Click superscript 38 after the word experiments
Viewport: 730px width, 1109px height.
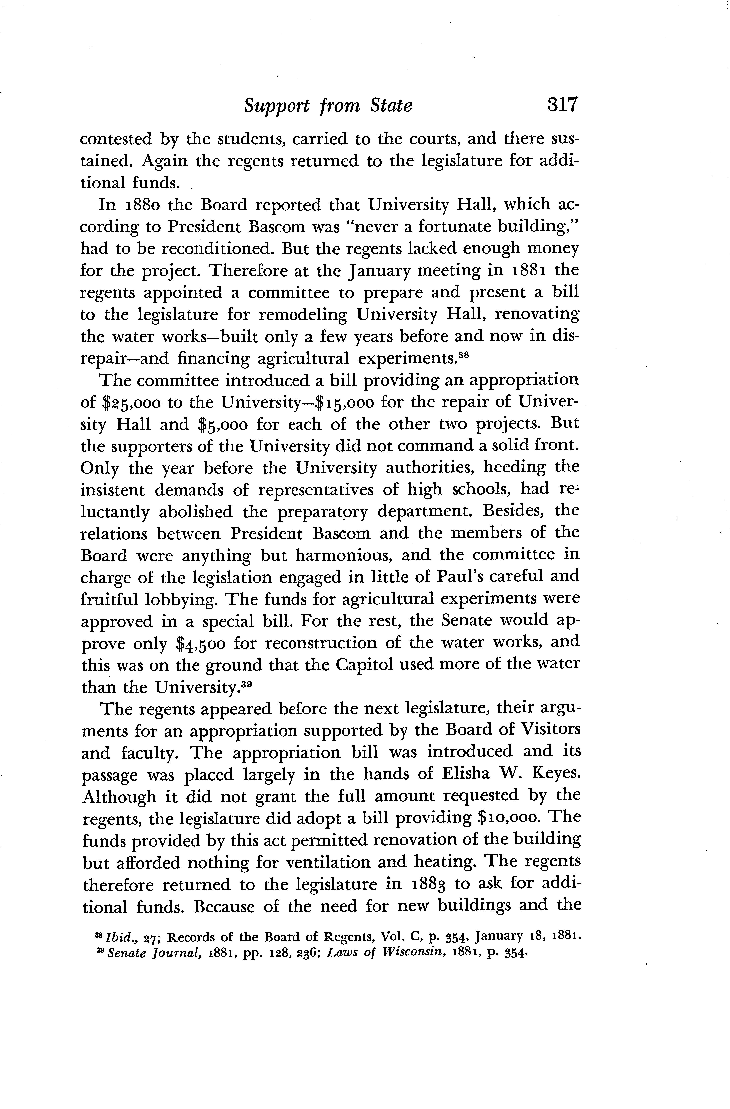pyautogui.click(x=462, y=355)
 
